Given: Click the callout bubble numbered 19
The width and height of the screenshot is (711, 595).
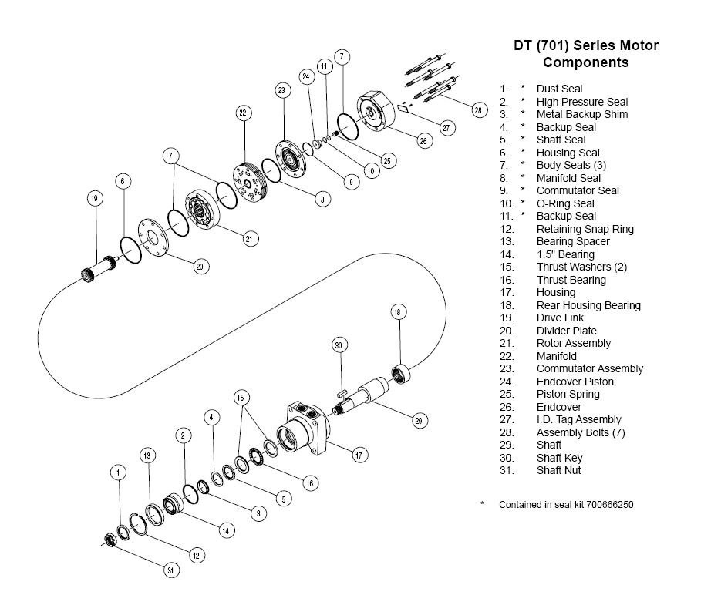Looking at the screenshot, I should [95, 198].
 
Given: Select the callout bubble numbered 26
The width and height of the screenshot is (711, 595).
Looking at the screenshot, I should [423, 140].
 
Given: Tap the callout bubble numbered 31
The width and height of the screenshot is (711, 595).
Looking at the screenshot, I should [171, 570].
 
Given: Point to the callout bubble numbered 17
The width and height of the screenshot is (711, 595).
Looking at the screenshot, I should [359, 455].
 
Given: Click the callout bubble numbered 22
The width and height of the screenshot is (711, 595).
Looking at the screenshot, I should [243, 113].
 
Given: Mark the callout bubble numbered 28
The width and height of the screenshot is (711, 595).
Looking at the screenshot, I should [478, 110].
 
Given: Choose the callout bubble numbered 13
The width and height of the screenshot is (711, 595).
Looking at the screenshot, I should [148, 455].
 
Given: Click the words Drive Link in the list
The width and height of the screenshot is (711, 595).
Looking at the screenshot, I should [560, 318].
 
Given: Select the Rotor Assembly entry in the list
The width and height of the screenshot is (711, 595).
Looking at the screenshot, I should [573, 343].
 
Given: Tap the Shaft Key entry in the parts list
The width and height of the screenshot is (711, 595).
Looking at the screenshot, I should [559, 458].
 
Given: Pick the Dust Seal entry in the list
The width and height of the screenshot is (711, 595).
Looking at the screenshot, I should [559, 89].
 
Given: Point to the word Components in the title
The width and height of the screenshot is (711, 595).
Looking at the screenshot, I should [585, 62].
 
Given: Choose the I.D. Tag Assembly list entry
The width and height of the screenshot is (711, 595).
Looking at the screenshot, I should [578, 419].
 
